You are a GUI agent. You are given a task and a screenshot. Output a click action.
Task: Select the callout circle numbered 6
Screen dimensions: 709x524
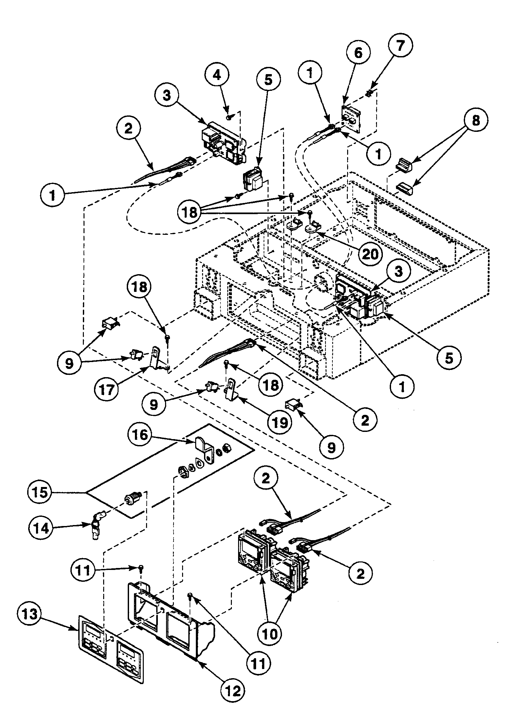[359, 52]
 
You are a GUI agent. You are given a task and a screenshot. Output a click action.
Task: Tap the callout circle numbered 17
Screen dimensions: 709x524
[107, 390]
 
